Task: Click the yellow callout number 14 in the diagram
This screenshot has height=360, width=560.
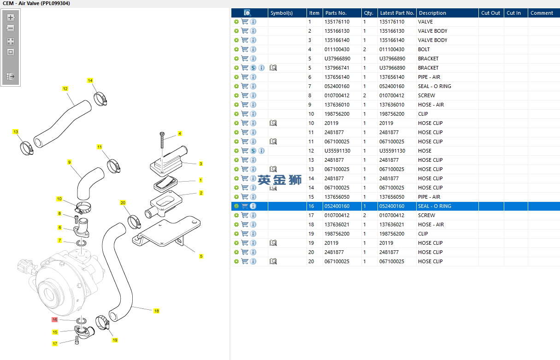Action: coord(90,81)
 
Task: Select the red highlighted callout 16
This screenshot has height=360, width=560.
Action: coord(54,319)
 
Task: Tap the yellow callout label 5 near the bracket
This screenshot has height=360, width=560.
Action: coord(201,256)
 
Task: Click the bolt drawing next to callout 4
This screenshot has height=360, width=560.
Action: coord(162,140)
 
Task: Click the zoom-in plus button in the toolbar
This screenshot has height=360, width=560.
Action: coord(11,18)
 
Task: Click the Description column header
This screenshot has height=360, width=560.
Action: coord(432,13)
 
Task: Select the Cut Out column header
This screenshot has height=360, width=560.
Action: coord(490,13)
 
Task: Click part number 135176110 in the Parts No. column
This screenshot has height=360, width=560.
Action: coord(337,22)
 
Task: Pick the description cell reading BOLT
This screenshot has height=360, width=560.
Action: coord(424,49)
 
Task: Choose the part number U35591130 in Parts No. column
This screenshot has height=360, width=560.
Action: coord(337,151)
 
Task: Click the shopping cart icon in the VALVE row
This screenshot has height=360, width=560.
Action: coord(245,22)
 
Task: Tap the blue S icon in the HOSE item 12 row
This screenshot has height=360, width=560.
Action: coord(253,151)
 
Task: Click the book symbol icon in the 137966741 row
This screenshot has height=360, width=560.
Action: coord(273,68)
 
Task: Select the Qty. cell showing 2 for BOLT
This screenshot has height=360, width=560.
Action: coord(365,49)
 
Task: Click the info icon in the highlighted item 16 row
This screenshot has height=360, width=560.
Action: coord(253,206)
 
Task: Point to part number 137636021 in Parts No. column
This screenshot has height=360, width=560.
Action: coord(337,224)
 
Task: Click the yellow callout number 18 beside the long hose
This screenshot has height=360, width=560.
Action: coord(157,311)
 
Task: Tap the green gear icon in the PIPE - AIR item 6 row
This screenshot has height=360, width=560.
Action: coord(236,77)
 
